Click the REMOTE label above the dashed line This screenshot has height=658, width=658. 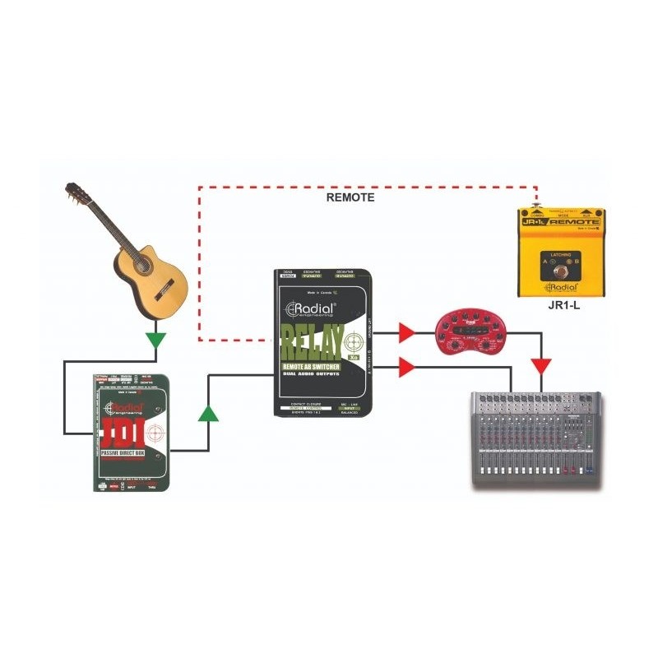click(350, 197)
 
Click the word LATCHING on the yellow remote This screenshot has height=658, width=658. click(561, 255)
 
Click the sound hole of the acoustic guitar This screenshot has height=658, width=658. click(141, 264)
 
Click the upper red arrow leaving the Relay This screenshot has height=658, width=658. click(406, 333)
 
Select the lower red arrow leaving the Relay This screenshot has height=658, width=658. click(406, 367)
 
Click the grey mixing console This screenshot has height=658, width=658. click(535, 440)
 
